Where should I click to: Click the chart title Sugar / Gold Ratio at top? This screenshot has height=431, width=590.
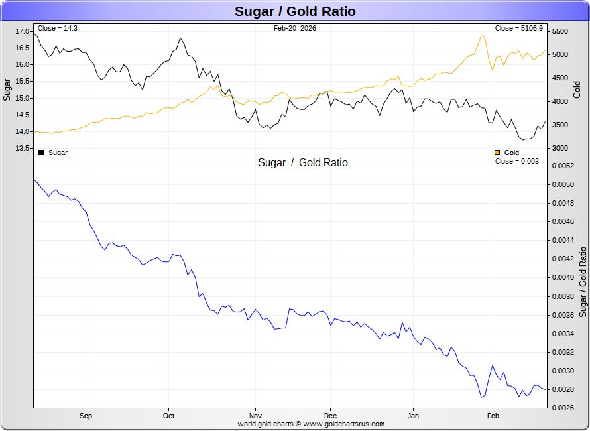coord(295,11)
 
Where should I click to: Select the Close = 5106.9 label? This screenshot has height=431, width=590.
coord(518,29)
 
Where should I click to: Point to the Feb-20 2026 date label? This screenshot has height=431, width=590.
coord(294,29)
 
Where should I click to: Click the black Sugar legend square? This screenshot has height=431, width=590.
coord(41,153)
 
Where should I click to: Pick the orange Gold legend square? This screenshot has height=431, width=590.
coord(497,153)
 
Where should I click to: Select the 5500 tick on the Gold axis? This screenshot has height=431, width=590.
coord(560,32)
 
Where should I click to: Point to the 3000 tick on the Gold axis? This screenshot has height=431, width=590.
coord(560,148)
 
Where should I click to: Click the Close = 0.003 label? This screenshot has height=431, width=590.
coord(517,162)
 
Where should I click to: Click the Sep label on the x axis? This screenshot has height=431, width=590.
coord(85,416)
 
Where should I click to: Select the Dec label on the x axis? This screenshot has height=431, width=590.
coord(329,416)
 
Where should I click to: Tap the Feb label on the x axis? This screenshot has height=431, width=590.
coord(493,416)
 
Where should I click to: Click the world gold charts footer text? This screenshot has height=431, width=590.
coord(311,424)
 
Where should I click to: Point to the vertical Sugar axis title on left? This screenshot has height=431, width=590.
coord(7,89)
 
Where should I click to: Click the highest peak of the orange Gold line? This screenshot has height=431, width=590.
coord(481,36)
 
